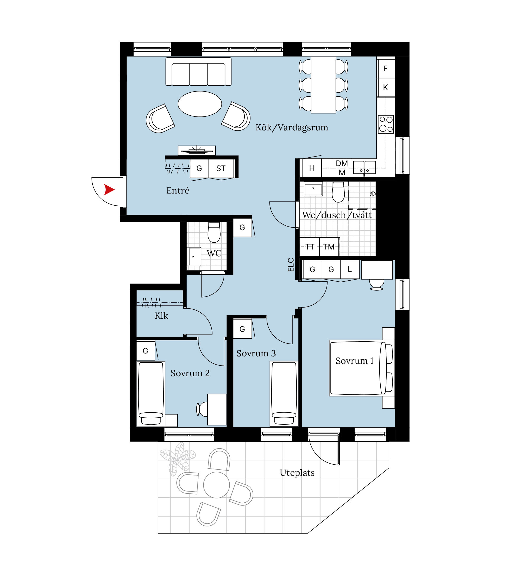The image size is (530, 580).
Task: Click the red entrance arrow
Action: [x=109, y=190]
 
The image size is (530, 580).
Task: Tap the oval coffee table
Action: [x=200, y=104]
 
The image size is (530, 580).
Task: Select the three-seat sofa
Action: [x=198, y=72]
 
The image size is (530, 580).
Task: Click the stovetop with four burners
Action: [x=386, y=124]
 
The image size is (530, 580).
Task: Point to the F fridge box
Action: [x=386, y=68]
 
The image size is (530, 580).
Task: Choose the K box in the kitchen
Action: [x=386, y=87]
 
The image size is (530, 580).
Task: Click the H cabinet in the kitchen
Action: [x=311, y=168]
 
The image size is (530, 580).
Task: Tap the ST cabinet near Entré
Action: [x=221, y=168]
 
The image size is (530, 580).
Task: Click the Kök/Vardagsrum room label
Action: [x=292, y=128]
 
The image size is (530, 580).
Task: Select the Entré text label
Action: [x=178, y=190]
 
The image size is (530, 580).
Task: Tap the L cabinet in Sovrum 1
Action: [x=350, y=269]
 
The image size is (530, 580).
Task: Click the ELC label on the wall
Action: [x=291, y=265]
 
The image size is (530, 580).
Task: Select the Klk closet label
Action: [x=161, y=315]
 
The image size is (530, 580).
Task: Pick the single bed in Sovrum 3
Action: [x=284, y=394]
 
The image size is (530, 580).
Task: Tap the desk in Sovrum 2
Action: [x=217, y=409]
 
